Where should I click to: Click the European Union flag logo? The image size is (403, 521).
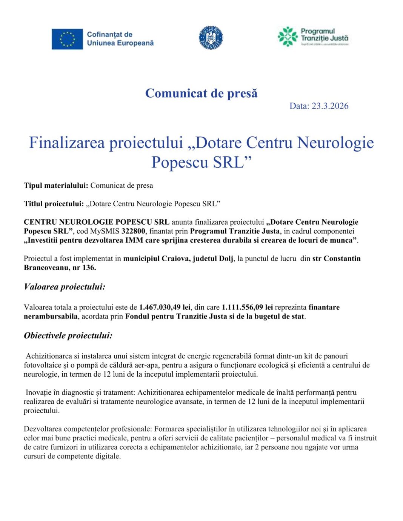click(x=67, y=39)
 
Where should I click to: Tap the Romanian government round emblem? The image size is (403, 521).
click(x=211, y=38)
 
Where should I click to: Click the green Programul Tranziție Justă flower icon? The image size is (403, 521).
click(x=288, y=37)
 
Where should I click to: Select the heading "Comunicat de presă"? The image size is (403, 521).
click(x=201, y=93)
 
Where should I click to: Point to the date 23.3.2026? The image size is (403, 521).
click(x=330, y=106)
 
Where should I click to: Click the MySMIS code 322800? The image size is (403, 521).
click(x=133, y=231)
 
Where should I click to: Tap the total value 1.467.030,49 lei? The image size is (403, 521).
click(x=165, y=307)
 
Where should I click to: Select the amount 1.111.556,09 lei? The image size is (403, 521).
click(x=247, y=307)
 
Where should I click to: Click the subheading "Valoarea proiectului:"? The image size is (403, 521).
click(x=65, y=287)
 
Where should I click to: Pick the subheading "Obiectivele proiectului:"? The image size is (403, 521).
click(x=68, y=336)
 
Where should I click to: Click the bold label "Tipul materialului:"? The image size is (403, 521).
click(x=56, y=185)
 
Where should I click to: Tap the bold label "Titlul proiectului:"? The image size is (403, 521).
click(x=54, y=204)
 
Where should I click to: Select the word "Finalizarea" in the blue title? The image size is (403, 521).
click(x=66, y=143)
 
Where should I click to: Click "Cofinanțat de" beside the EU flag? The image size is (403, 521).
click(x=109, y=35)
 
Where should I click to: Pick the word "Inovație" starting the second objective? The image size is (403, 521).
click(x=39, y=392)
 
